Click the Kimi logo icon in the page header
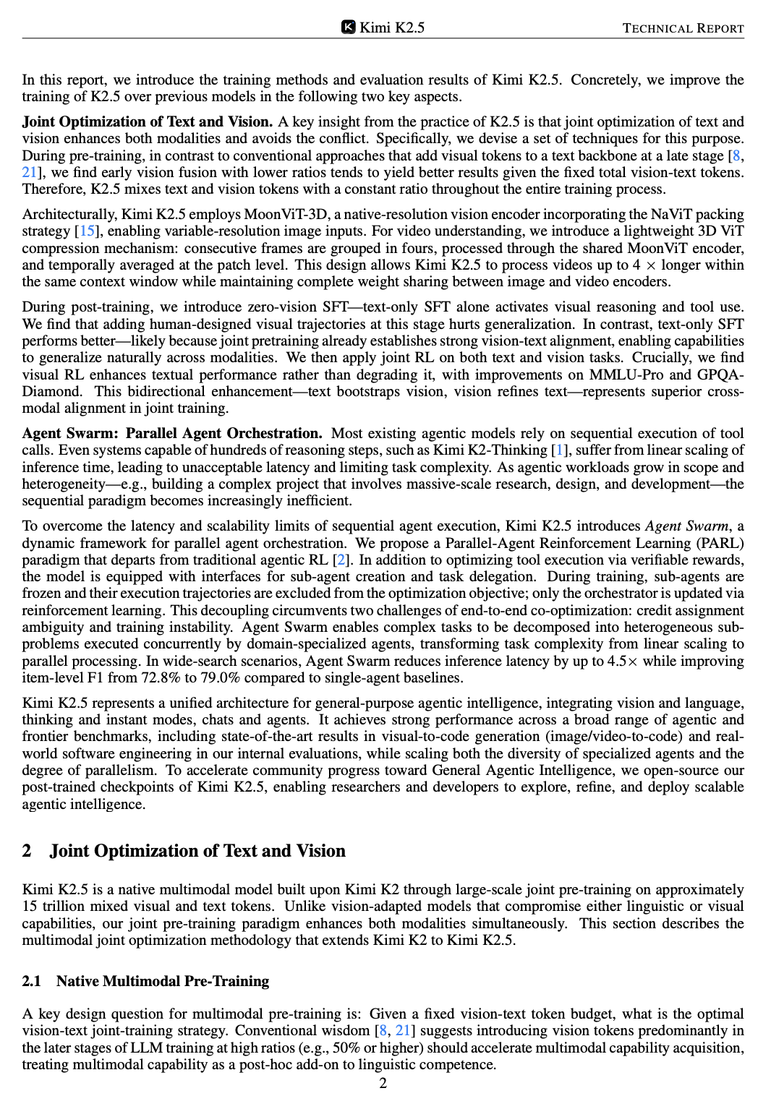[348, 27]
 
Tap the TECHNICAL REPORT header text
[683, 28]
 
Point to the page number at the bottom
[383, 1083]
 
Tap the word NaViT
[654, 215]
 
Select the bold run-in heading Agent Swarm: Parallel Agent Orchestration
[172, 434]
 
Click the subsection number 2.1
[31, 982]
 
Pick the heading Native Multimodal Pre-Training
[163, 982]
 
